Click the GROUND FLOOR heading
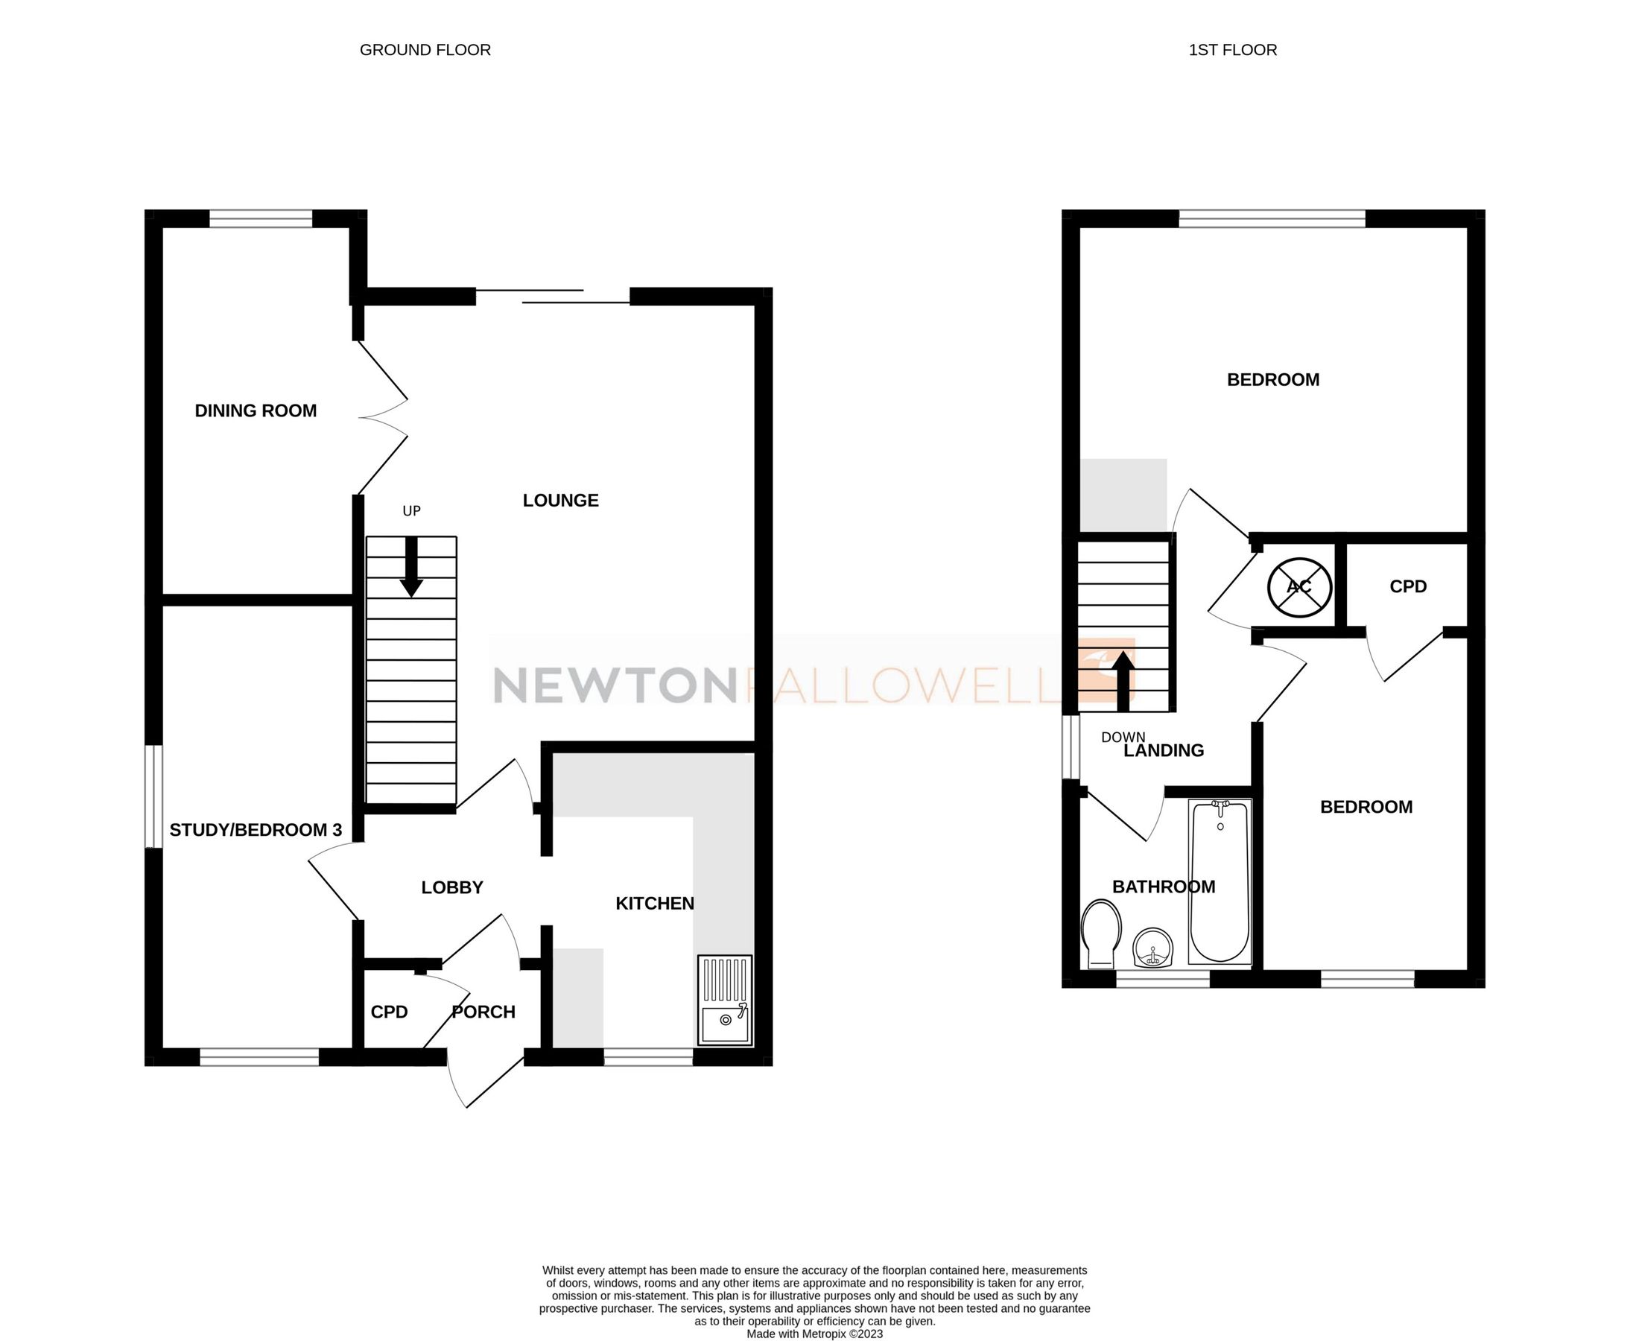click(x=425, y=50)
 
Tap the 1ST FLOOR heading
click(x=1232, y=50)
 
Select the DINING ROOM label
click(x=256, y=411)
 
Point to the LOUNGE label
click(x=561, y=501)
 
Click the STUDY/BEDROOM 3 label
click(x=256, y=831)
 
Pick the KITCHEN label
click(x=654, y=903)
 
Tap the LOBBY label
click(x=452, y=887)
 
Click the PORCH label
click(x=483, y=1012)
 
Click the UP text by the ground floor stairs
click(x=412, y=510)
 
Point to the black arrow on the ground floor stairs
click(x=412, y=568)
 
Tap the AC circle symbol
click(x=1300, y=587)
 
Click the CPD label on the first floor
click(x=1407, y=587)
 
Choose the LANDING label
click(x=1164, y=751)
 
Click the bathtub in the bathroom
click(x=1220, y=881)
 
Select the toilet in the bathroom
click(x=1102, y=933)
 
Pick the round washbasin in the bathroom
click(x=1152, y=947)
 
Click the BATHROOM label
click(x=1164, y=887)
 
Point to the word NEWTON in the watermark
click(x=614, y=686)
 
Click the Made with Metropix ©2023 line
click(x=814, y=1334)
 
